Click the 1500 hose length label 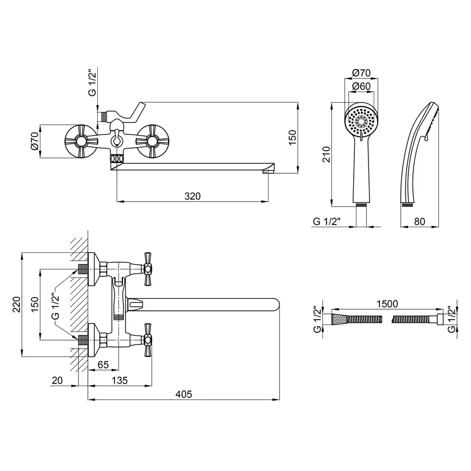(387, 304)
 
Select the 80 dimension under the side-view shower (419, 221)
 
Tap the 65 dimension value (103, 365)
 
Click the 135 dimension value (119, 380)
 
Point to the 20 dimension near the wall (57, 380)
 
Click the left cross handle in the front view (80, 141)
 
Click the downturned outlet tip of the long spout (269, 170)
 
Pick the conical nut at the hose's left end (339, 319)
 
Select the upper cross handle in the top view (147, 268)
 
